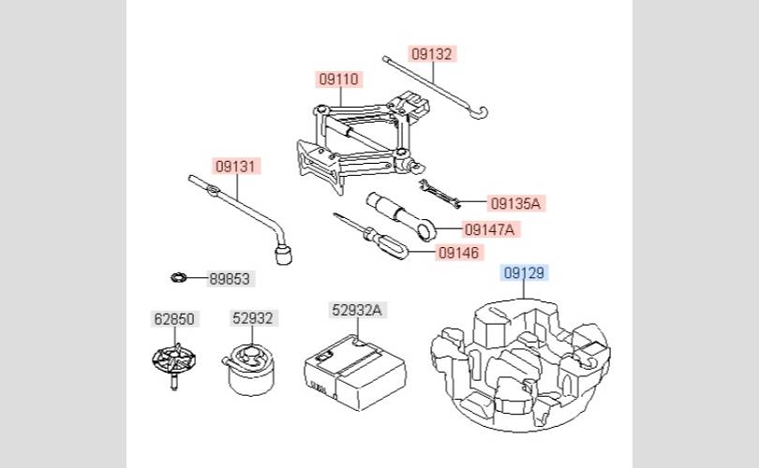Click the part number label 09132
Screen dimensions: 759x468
(432, 54)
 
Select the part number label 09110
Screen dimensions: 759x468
(339, 80)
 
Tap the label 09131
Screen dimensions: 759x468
(235, 167)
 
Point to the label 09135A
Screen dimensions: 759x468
(515, 203)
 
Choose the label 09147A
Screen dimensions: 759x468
(489, 229)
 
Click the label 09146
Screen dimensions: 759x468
(458, 253)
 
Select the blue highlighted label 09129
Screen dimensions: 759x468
(524, 273)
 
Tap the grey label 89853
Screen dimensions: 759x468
(230, 279)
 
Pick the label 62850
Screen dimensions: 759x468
(174, 319)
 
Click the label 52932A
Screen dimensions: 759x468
(357, 310)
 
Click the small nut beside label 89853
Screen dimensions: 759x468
(179, 278)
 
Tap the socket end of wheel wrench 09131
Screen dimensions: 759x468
(283, 255)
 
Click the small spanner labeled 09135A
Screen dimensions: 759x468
(439, 194)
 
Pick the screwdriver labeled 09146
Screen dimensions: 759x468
(371, 237)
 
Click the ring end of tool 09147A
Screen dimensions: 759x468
(426, 230)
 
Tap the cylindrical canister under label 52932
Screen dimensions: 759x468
(249, 370)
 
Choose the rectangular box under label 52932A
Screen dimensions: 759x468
(355, 373)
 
